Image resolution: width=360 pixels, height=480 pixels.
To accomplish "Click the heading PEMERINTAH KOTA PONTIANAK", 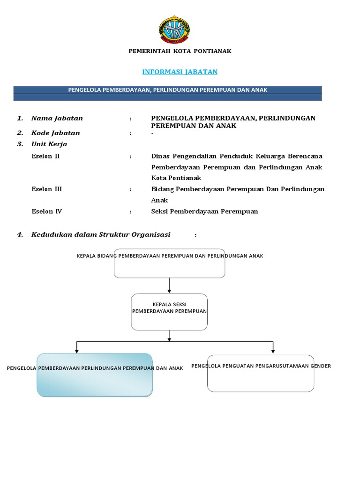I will click(x=180, y=51).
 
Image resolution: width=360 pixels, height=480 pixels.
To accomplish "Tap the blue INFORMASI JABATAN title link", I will click(x=180, y=72).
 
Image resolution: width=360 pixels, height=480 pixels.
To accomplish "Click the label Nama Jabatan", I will click(x=57, y=118).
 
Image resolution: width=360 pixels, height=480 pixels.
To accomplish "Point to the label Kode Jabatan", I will click(x=55, y=133).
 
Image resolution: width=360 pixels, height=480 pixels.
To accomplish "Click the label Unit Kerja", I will click(x=49, y=144).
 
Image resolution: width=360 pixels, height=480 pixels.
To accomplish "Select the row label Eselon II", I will click(x=45, y=156).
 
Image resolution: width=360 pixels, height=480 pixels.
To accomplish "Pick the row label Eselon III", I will click(x=46, y=189).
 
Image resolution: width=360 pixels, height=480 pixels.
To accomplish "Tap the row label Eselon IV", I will click(x=46, y=211).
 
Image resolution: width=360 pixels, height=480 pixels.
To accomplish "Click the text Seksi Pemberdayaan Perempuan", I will click(x=204, y=211).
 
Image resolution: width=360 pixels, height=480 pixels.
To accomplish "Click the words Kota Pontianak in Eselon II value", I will click(x=176, y=178).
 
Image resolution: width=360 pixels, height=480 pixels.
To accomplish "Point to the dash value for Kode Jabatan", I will click(x=153, y=133).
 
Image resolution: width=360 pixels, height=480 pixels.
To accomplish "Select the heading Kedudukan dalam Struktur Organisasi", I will click(x=101, y=234).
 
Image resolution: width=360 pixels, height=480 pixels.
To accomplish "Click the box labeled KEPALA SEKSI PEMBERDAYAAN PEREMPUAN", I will click(x=169, y=312).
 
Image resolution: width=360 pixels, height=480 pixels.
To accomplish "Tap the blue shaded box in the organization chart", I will click(x=94, y=375).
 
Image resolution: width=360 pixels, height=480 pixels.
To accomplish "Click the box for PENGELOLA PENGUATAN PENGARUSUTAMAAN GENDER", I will click(x=261, y=373).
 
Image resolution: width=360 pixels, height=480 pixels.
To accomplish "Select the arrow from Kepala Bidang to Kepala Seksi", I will click(x=169, y=285).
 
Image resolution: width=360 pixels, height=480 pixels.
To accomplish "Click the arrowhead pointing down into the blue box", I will click(x=76, y=350).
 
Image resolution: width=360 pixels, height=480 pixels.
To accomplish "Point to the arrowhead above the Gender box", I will click(x=273, y=350).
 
